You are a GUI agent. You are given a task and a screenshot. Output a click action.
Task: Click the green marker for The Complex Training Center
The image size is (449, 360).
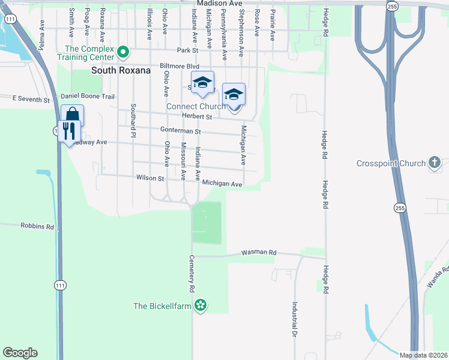point(123,53)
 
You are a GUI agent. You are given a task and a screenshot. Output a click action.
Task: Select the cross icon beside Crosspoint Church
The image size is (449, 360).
point(435,163)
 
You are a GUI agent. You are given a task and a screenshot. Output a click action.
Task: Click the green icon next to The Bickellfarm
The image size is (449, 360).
point(201,306)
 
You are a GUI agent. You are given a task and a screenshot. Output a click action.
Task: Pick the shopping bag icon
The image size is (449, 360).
point(72,115)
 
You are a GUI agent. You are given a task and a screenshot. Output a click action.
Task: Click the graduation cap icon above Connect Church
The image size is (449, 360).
point(234,94)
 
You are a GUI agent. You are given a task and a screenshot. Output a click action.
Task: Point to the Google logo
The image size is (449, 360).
point(20,353)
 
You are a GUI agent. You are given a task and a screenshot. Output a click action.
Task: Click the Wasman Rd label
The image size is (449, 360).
point(259,253)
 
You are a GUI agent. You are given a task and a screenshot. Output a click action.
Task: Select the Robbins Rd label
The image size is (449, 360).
point(37,227)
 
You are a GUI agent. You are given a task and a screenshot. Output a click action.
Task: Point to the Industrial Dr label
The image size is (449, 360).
point(295,318)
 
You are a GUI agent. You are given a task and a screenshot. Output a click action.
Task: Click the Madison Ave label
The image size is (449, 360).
point(220,4)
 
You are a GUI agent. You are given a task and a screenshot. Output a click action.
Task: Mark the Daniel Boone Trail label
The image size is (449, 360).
point(88,96)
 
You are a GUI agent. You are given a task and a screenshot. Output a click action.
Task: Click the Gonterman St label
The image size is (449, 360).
point(180,130)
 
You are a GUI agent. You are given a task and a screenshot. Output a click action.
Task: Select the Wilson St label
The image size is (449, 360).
point(150,178)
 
